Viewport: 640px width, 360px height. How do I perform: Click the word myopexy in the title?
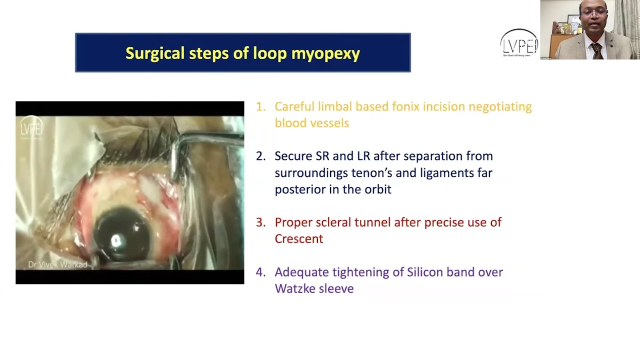(x=325, y=53)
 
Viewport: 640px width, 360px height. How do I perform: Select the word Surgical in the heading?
(x=155, y=53)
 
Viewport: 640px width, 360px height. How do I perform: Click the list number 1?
(x=260, y=106)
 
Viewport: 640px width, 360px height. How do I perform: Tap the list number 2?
(x=260, y=156)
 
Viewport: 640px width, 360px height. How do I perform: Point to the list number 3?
(x=260, y=222)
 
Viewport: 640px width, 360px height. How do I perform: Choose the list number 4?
(x=260, y=272)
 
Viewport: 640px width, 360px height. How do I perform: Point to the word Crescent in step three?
(x=298, y=239)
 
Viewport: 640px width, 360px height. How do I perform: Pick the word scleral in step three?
(x=333, y=222)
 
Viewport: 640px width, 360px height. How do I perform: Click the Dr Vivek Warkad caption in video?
(x=57, y=264)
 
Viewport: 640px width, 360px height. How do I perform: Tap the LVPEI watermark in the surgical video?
(x=31, y=128)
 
